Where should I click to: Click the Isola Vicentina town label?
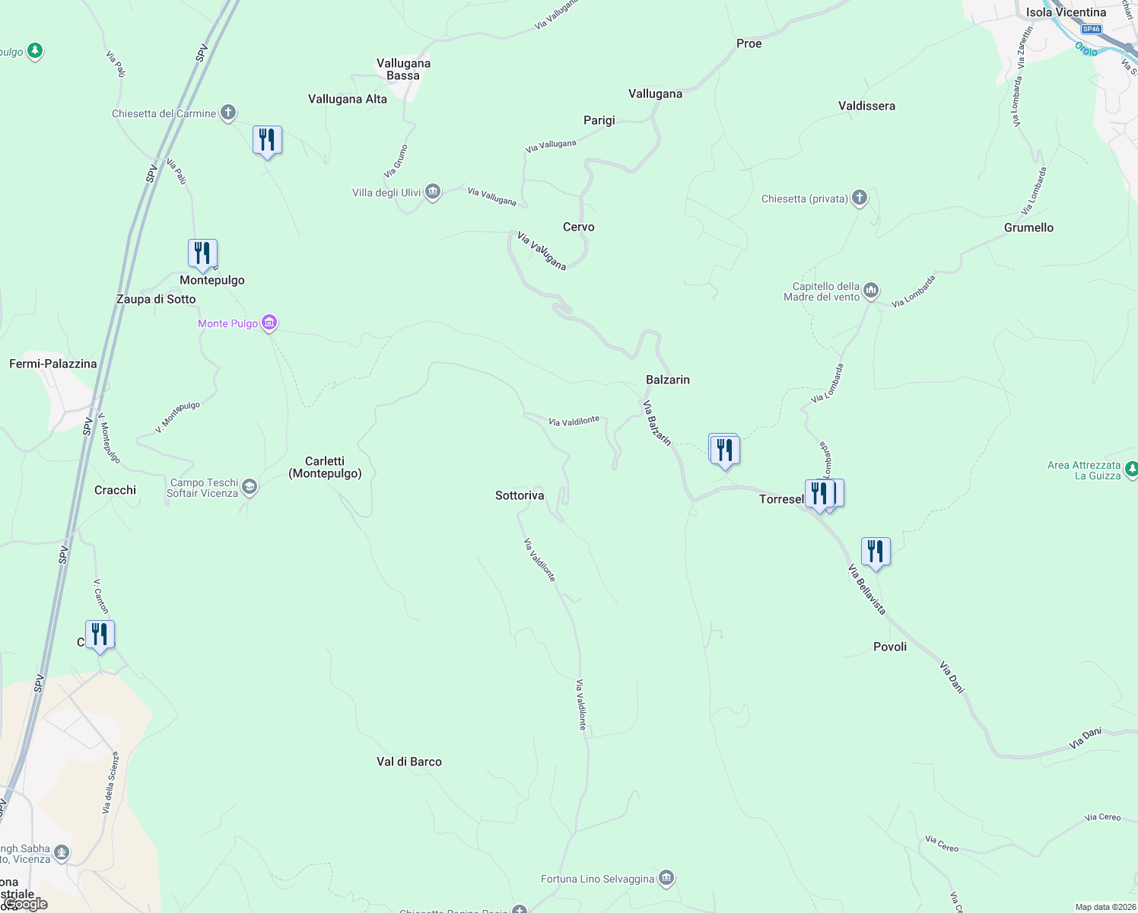(1066, 12)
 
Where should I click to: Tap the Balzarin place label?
(667, 380)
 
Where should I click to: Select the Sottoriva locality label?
(520, 495)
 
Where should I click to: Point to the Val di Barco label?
(408, 762)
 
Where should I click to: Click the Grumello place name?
(1028, 227)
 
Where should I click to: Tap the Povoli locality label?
(890, 647)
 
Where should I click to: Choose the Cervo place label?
(578, 227)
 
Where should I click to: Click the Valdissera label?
(866, 106)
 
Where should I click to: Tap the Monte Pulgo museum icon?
(269, 323)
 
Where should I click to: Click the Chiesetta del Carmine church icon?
(228, 113)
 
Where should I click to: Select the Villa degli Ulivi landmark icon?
(433, 192)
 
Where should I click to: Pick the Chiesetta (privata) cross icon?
(860, 199)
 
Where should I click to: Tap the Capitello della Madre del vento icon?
(872, 290)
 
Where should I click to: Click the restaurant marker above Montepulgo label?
(202, 253)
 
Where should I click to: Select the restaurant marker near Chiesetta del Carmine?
(267, 140)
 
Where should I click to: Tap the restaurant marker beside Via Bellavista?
(876, 552)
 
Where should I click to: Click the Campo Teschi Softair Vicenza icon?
(250, 487)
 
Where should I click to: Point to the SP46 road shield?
(1091, 29)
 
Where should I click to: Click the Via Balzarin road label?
(657, 423)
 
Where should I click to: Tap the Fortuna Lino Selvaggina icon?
(666, 879)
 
